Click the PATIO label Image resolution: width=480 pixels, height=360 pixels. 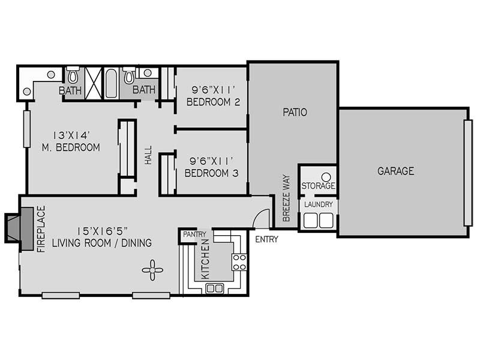(295, 112)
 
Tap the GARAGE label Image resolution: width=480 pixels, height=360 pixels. (395, 171)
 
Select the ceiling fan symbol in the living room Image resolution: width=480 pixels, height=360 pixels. (152, 270)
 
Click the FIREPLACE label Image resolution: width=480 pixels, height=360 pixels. (41, 229)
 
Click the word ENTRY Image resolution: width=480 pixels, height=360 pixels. (266, 239)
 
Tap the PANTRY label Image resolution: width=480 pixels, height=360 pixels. (194, 234)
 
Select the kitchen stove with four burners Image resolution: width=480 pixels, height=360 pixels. (239, 262)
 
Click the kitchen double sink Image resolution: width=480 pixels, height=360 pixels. (215, 289)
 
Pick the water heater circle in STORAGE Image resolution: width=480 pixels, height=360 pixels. (326, 177)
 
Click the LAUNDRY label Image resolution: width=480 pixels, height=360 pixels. (319, 204)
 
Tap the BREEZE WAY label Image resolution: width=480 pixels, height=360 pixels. (286, 198)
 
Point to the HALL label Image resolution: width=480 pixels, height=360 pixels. (148, 155)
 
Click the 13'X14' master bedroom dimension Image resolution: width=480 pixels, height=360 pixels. (71, 135)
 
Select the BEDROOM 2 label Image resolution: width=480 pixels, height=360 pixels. (213, 102)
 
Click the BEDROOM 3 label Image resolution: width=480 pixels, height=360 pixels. (212, 173)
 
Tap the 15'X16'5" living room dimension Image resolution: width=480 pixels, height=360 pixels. (102, 230)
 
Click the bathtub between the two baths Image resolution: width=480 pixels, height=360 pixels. (111, 83)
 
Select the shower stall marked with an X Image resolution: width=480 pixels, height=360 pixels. (93, 83)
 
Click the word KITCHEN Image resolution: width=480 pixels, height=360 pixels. (205, 259)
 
